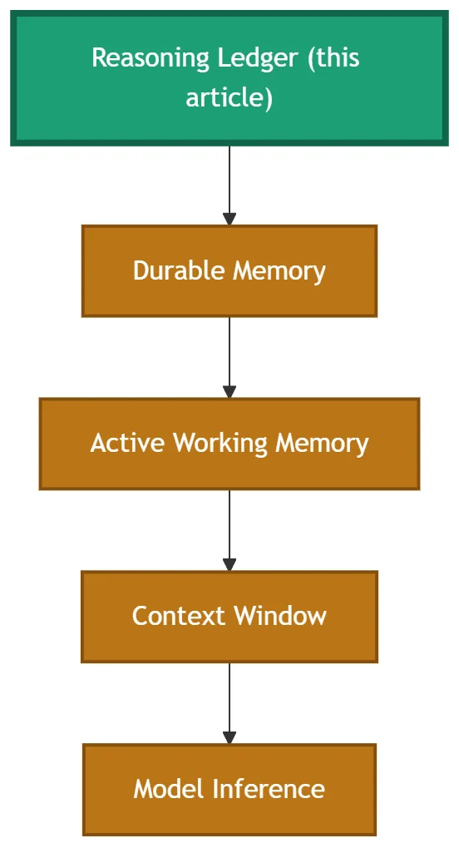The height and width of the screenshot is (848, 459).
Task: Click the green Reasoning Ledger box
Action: pyautogui.click(x=229, y=78)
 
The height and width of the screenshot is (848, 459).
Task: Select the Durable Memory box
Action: pyautogui.click(x=229, y=271)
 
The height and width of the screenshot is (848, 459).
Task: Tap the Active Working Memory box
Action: pyautogui.click(x=229, y=444)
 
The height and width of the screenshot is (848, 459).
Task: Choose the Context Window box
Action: pyautogui.click(x=229, y=617)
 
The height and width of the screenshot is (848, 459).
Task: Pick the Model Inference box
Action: pyautogui.click(x=229, y=790)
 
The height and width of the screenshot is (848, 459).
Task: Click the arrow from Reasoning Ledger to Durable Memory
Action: pyautogui.click(x=229, y=186)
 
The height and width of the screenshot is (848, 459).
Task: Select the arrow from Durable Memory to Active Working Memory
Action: pyautogui.click(x=229, y=358)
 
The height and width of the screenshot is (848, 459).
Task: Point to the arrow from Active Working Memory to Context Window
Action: pyautogui.click(x=229, y=531)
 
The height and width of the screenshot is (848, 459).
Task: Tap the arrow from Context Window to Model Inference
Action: pyautogui.click(x=229, y=703)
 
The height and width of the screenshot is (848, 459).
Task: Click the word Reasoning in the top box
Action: pyautogui.click(x=151, y=58)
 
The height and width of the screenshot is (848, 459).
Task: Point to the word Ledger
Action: pyautogui.click(x=258, y=58)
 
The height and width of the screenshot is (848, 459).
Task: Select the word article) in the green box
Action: pyautogui.click(x=229, y=98)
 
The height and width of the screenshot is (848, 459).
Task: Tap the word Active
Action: pyautogui.click(x=127, y=444)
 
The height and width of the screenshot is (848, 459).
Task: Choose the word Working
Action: pyautogui.click(x=220, y=444)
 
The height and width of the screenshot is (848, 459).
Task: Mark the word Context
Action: pyautogui.click(x=179, y=616)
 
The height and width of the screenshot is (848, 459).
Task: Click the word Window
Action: pyautogui.click(x=280, y=616)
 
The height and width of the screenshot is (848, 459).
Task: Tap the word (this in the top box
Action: pyautogui.click(x=333, y=58)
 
